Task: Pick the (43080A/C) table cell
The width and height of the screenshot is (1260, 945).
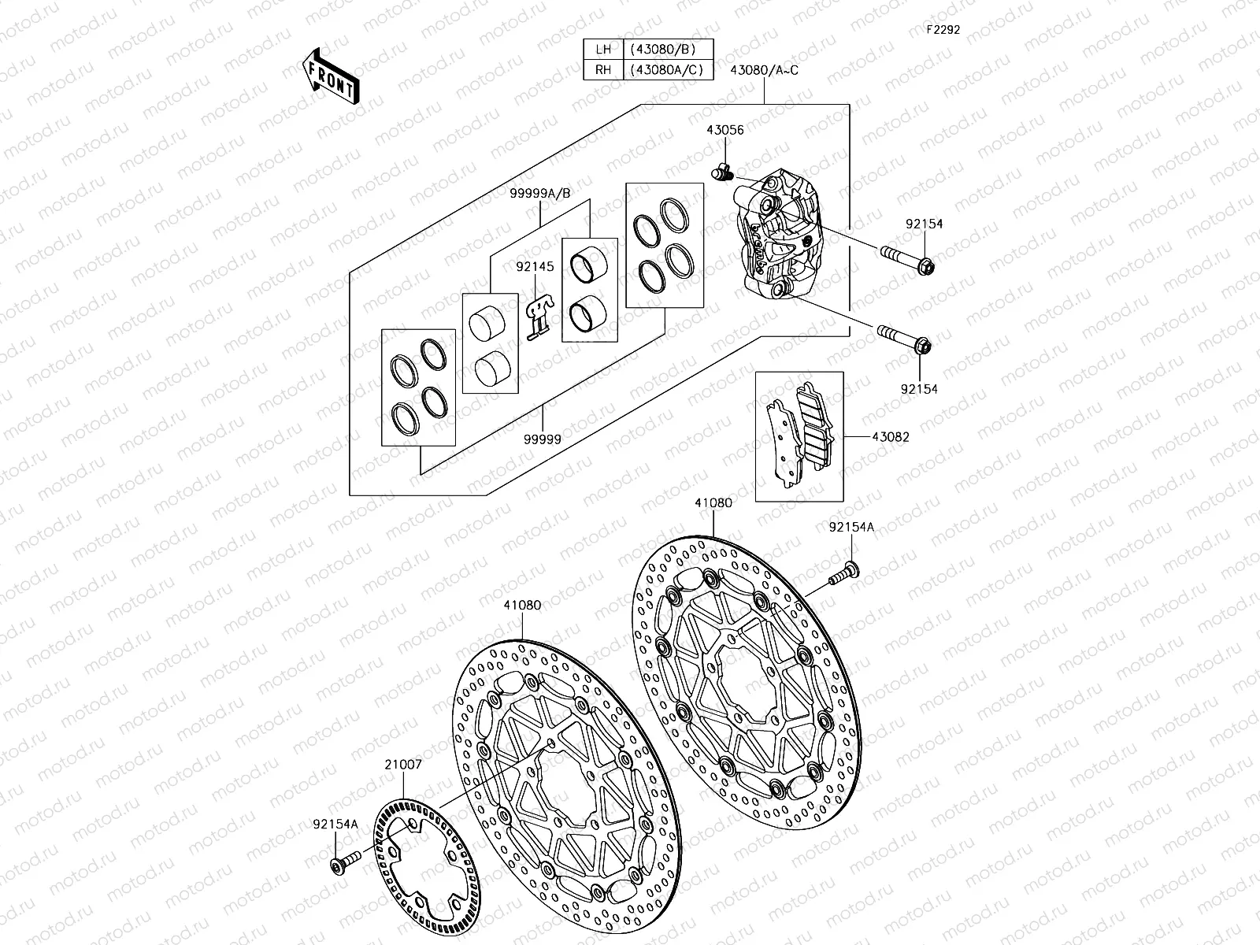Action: (668, 69)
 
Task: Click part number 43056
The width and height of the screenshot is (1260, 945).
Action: (724, 131)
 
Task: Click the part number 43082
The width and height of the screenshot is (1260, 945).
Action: (890, 437)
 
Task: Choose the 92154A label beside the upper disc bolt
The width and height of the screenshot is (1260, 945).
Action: (850, 527)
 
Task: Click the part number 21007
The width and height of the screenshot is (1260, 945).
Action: (403, 764)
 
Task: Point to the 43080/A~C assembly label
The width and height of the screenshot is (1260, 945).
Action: (764, 69)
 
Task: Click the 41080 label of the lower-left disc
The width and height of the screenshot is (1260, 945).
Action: (522, 606)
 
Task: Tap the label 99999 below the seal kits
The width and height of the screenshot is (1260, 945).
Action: (543, 439)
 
